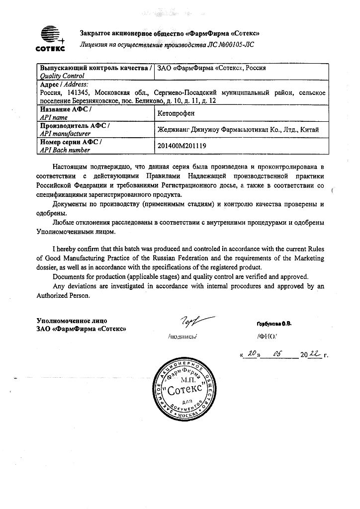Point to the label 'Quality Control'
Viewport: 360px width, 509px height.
pyautogui.click(x=62, y=76)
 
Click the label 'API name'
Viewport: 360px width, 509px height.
pyautogui.click(x=53, y=117)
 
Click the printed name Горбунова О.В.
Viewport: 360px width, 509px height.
pyautogui.click(x=274, y=324)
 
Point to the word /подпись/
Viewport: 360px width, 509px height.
pyautogui.click(x=183, y=337)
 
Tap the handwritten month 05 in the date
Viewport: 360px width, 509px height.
pyautogui.click(x=277, y=354)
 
